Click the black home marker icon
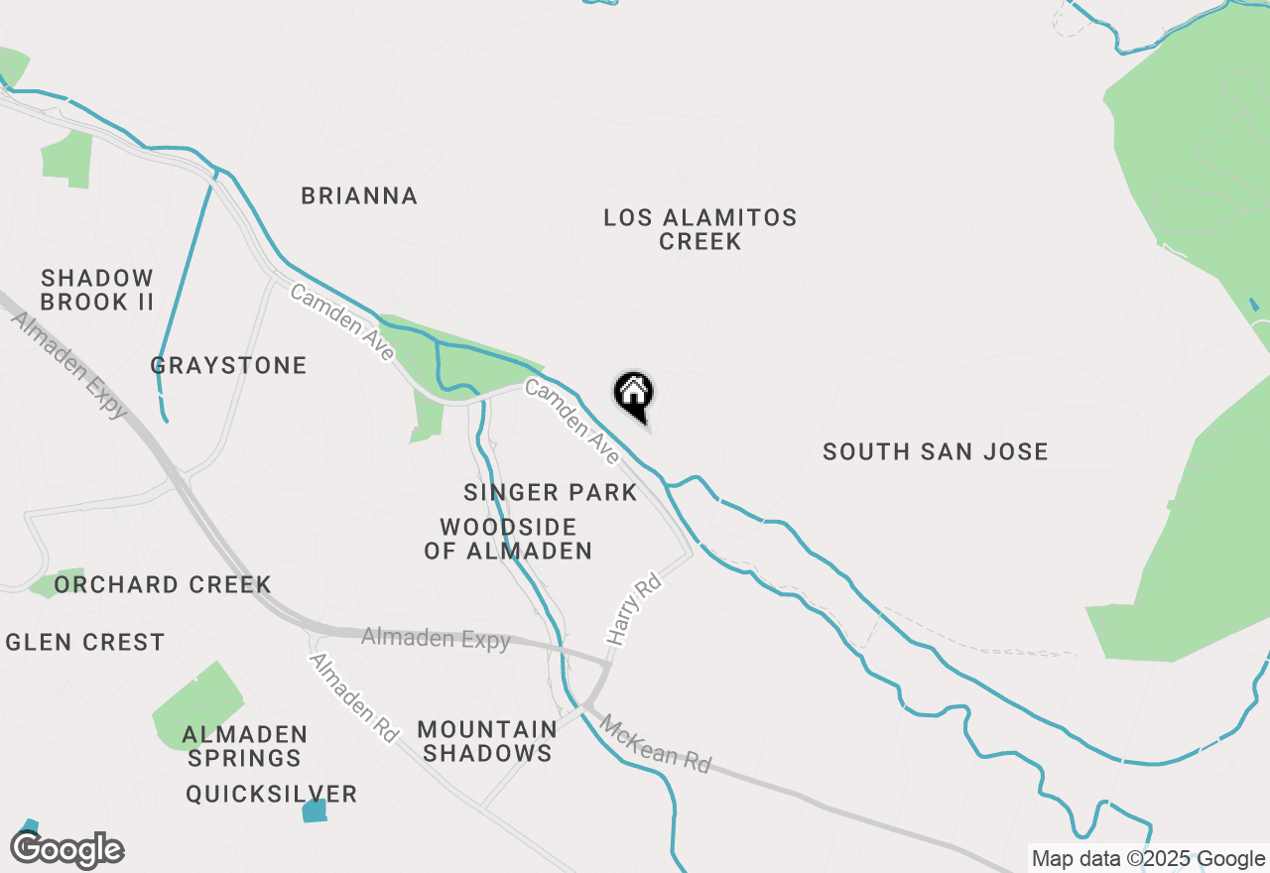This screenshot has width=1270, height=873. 633,394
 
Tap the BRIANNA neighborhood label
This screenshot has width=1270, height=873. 359,195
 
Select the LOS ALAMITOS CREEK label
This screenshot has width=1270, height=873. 700,229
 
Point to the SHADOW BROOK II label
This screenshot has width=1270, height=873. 97,290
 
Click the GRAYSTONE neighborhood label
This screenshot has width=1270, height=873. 229,366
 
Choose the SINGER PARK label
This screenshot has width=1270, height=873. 550,492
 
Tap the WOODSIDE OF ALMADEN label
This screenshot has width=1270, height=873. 508,539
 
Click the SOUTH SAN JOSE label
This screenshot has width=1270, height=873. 936,452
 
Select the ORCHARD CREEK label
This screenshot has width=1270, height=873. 163,584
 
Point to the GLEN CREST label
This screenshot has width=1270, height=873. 85,642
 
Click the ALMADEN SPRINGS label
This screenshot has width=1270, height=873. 244,746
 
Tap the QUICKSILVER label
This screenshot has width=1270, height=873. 272,794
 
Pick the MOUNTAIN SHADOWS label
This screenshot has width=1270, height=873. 486,741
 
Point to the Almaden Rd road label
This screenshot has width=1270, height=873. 353,697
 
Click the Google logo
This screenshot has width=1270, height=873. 67,850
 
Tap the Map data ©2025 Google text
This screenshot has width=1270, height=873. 1147,859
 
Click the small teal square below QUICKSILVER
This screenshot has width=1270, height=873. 314,811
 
